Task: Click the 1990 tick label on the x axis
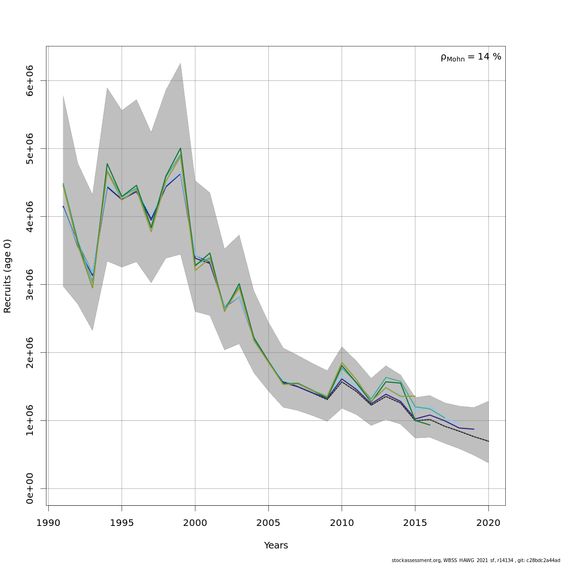(x=48, y=523)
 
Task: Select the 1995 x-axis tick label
(x=122, y=523)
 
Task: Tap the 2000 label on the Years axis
(x=195, y=523)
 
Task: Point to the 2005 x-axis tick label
(x=268, y=523)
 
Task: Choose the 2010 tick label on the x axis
(x=342, y=523)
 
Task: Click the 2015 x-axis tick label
(x=415, y=523)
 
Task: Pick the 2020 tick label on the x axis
(x=488, y=523)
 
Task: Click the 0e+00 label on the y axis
(x=30, y=488)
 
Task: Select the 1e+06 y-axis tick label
(x=30, y=420)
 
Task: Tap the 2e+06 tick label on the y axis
(x=30, y=352)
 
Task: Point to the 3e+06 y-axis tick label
(x=30, y=284)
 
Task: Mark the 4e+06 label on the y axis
(x=30, y=216)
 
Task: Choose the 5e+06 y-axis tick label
(x=30, y=148)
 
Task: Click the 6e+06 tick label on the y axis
(x=30, y=81)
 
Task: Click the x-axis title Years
(x=276, y=546)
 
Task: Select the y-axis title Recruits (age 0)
(x=8, y=276)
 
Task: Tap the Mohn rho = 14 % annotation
(x=471, y=57)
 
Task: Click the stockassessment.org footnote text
(x=476, y=560)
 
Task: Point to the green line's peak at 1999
(x=181, y=148)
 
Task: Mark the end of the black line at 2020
(x=488, y=441)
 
